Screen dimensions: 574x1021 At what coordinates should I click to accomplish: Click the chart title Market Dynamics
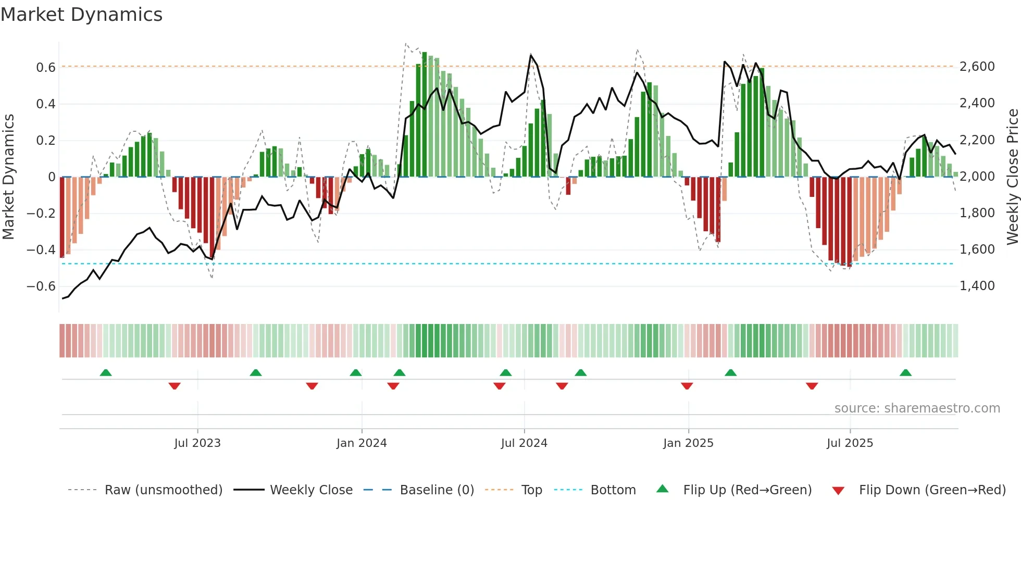81,15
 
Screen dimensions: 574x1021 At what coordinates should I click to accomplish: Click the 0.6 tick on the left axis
45,67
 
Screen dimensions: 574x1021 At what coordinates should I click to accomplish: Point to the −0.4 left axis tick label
41,249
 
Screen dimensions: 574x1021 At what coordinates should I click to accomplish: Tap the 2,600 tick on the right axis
977,67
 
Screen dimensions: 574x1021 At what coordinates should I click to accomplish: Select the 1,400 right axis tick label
977,285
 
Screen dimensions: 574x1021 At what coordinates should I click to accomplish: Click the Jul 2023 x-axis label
197,443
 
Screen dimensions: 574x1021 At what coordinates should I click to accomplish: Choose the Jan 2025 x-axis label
688,443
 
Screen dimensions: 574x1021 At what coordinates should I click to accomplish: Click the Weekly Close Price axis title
1012,177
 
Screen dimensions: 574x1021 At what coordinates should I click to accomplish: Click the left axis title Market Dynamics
8,177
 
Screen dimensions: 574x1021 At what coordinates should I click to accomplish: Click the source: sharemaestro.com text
917,408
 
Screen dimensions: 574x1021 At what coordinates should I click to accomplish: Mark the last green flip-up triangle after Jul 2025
905,372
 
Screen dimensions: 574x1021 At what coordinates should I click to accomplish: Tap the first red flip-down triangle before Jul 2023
175,386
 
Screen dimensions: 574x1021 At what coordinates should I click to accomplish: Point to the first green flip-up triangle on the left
106,372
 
